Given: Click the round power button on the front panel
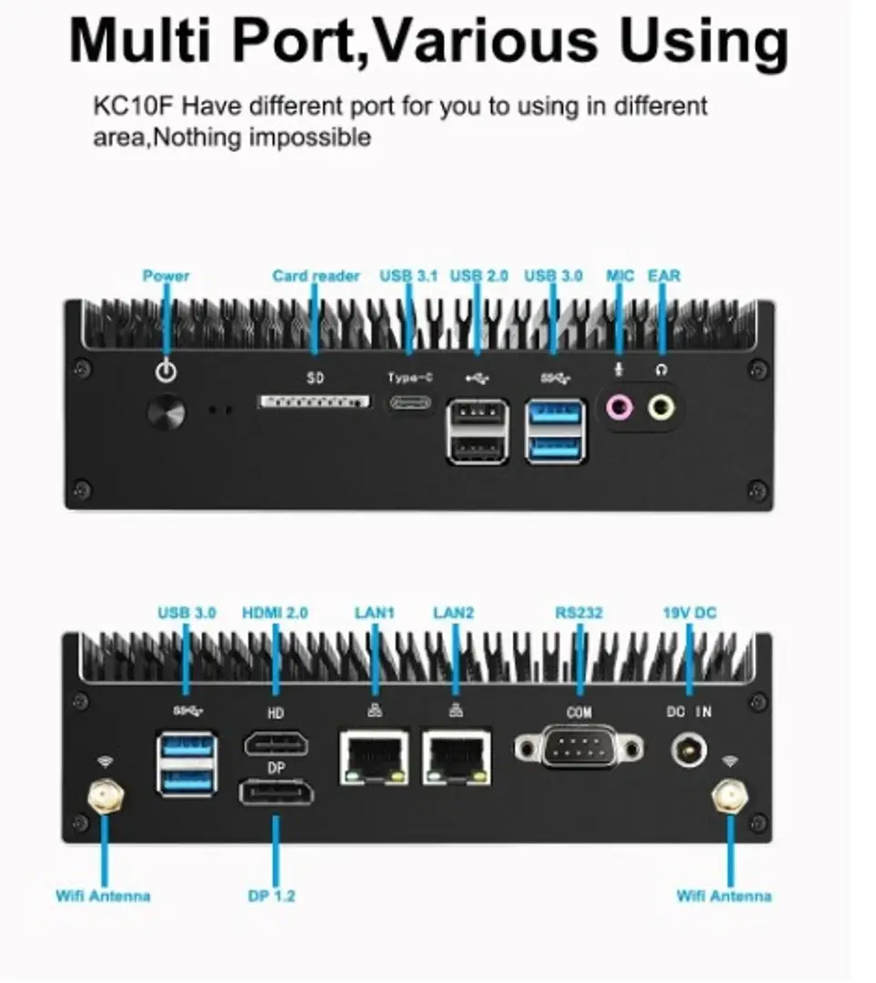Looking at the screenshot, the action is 166,412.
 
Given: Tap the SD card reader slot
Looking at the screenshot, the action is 315,401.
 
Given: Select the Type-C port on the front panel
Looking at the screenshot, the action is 410,402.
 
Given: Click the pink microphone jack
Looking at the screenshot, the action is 619,408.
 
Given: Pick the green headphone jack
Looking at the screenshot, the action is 661,408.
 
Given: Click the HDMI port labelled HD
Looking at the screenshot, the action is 277,745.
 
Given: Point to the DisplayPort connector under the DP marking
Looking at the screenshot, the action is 276,793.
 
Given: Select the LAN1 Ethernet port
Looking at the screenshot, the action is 374,757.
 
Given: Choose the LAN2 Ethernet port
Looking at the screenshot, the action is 456,757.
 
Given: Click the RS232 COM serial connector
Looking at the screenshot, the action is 579,747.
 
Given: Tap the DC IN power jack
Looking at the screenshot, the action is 689,750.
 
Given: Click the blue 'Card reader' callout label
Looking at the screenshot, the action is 316,276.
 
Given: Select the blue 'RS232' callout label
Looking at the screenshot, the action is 579,613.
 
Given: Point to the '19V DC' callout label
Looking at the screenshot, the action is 690,613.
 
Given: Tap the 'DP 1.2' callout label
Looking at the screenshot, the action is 271,896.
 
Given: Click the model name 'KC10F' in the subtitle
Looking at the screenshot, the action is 132,106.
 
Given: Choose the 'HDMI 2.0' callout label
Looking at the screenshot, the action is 275,613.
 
